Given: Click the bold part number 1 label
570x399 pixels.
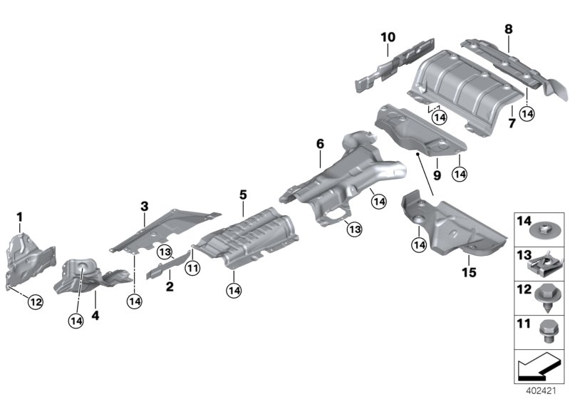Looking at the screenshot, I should (x=20, y=216).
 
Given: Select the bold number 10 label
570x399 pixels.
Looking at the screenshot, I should (x=387, y=36).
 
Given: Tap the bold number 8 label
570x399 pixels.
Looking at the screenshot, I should (x=508, y=29).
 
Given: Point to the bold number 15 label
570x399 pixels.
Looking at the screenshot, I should (x=467, y=272).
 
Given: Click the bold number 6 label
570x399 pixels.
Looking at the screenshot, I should (x=320, y=144).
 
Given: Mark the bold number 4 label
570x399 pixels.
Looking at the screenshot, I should (x=95, y=313).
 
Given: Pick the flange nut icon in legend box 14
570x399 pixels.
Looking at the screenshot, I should (x=545, y=230).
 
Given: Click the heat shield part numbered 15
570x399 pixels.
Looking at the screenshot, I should (x=456, y=228).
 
